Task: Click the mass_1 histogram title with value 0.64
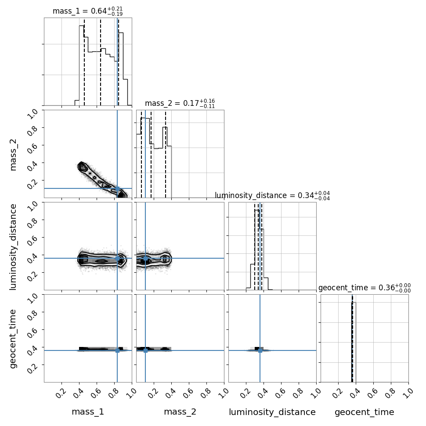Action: [x=87, y=11]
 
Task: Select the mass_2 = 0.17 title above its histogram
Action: [x=180, y=104]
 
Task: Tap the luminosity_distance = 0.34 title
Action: [x=272, y=195]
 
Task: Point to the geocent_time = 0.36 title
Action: [x=365, y=288]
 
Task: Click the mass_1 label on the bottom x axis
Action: [x=88, y=412]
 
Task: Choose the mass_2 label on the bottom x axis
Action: [x=180, y=412]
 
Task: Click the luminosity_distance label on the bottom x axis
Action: [x=272, y=412]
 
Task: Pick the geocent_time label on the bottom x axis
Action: [x=365, y=412]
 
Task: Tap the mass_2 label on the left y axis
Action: [x=13, y=154]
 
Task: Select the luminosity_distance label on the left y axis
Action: [x=13, y=247]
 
